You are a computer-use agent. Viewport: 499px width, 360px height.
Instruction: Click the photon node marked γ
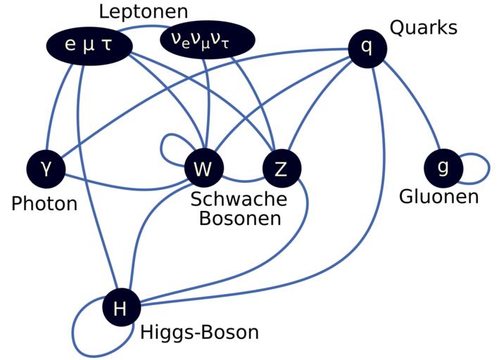coord(46,169)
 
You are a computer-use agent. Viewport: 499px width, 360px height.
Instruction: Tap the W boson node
coord(204,169)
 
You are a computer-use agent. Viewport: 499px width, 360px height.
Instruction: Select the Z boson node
coord(282,169)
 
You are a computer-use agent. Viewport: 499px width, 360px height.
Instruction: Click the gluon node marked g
coord(443,167)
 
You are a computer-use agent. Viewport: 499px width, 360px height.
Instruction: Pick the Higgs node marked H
coord(121,308)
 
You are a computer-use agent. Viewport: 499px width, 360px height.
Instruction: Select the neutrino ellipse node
coord(209,40)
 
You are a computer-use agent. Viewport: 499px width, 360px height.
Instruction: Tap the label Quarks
coord(423,28)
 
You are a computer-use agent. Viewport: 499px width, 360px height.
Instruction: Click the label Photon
coord(44,204)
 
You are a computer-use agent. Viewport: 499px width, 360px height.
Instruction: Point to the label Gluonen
coord(438,196)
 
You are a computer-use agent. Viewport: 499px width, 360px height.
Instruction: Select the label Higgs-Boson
coord(199,332)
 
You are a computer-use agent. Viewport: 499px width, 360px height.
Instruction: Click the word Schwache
coord(239,199)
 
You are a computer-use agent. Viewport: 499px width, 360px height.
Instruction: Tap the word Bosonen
coord(239,218)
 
